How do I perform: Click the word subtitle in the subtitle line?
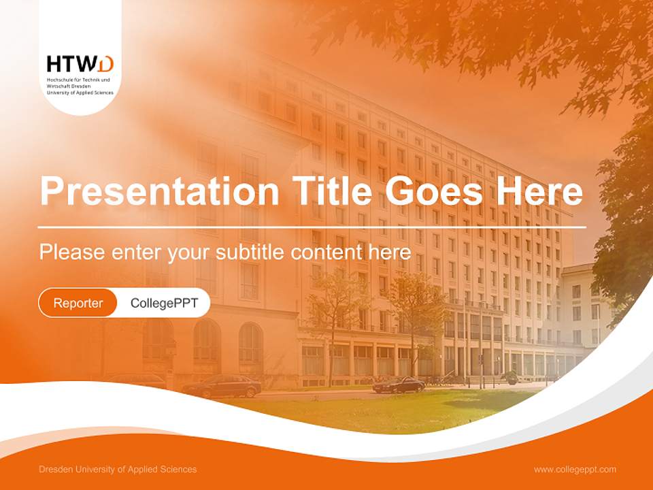point(252,252)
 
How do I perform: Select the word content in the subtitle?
point(324,252)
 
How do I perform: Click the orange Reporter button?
point(78,303)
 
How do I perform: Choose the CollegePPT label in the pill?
point(164,303)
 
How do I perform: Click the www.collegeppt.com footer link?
point(575,469)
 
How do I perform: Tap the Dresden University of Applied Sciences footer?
point(118,469)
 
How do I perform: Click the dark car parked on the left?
point(222,387)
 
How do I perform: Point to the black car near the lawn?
point(399,385)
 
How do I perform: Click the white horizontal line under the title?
point(312,227)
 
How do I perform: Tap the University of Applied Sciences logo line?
point(80,92)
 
